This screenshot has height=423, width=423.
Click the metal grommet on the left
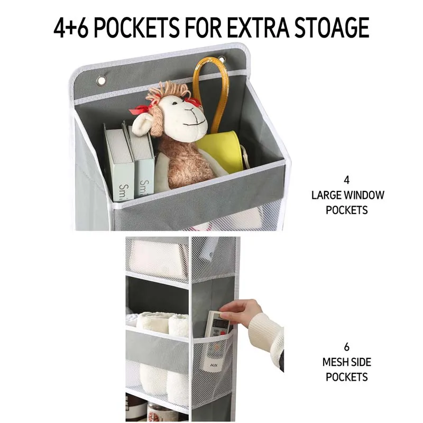(101, 80)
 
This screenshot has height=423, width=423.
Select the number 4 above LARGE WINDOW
(347, 180)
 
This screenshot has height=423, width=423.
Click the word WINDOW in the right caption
(365, 195)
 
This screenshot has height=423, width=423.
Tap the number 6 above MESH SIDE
(347, 347)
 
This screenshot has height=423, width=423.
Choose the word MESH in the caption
(336, 362)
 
